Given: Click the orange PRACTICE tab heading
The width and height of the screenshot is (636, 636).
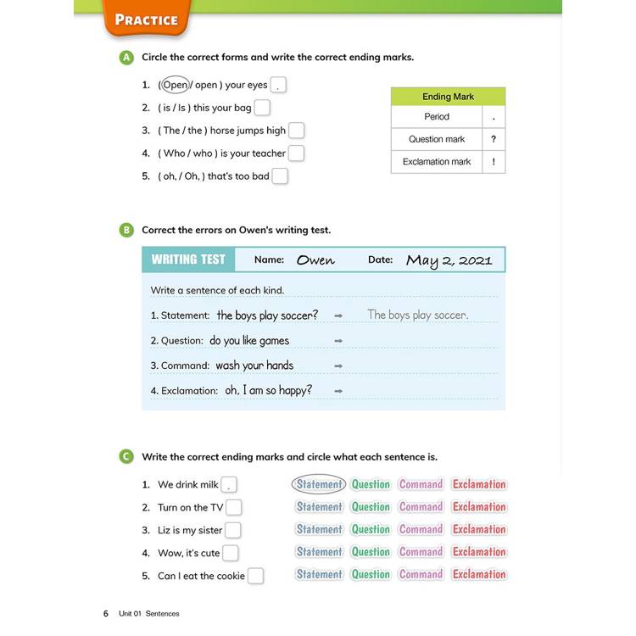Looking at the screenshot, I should coord(146,20).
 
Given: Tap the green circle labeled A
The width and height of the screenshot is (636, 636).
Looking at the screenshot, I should coord(126,58).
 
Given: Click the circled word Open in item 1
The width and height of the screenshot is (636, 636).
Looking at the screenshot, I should coord(175,85).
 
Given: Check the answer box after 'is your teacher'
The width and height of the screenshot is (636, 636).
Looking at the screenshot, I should coord(296,153).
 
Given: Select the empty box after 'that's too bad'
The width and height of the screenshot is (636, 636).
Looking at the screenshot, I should coord(280,176).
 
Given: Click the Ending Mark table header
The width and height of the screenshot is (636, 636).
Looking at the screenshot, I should coord(448,97).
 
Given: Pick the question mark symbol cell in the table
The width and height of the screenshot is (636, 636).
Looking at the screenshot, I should coord(494,139).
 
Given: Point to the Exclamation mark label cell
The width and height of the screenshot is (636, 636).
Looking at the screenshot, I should coord(437,162).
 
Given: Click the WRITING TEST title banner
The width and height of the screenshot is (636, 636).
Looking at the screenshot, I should coord(188,259).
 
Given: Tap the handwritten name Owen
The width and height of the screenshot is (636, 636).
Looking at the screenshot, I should coord(315,260).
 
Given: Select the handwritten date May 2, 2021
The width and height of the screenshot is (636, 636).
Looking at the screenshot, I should coord(449,260).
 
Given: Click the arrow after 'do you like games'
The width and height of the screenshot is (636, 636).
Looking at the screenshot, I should coord(338,341).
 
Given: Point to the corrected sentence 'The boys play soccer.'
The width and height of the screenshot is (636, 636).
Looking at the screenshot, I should coord(417,315).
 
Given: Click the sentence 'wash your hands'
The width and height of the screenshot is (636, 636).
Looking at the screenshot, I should coord(254,365).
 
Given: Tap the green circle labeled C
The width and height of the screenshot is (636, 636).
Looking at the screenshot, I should coord(126,457).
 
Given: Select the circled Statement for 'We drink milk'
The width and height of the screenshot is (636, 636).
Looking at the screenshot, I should coord(319,484).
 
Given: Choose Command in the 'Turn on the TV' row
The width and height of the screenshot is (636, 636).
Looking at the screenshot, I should coord(421,507).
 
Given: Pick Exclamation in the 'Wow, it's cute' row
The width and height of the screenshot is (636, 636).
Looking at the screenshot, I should coord(479,552).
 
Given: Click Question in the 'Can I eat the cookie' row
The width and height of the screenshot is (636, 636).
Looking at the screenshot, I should coord(371,574).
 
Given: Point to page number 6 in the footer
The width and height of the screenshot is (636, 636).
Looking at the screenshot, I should coord(106,613).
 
